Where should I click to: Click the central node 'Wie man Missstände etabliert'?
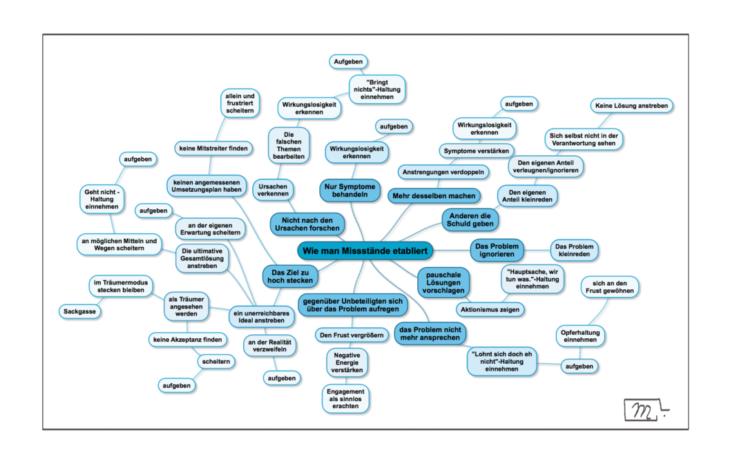pos(365,251)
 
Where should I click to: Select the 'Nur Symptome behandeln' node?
pos(350,191)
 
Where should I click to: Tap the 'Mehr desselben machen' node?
pos(434,196)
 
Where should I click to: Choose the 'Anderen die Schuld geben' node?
pos(470,220)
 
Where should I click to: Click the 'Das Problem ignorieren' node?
pos(497,250)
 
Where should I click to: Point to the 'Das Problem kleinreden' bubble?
pos(574,250)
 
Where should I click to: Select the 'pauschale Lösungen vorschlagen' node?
pos(443,282)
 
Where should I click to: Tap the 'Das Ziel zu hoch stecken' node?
pos(290,276)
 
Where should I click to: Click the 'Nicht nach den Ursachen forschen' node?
pos(307,224)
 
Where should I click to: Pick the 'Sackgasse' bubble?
pos(79,311)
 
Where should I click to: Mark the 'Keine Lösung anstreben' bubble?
pos(631,106)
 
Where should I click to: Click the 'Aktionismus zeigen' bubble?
pos(490,309)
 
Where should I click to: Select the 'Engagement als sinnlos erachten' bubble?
pos(345,399)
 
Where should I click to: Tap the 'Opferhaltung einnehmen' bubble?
pos(580,336)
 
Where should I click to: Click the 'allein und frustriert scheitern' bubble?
pos(240,103)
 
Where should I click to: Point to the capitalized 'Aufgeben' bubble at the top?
pos(348,61)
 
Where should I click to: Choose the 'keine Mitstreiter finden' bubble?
pos(213,148)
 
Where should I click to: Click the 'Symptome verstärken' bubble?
pos(476,151)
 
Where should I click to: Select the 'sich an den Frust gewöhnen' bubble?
pos(609,287)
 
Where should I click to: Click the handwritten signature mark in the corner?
pos(645,410)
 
